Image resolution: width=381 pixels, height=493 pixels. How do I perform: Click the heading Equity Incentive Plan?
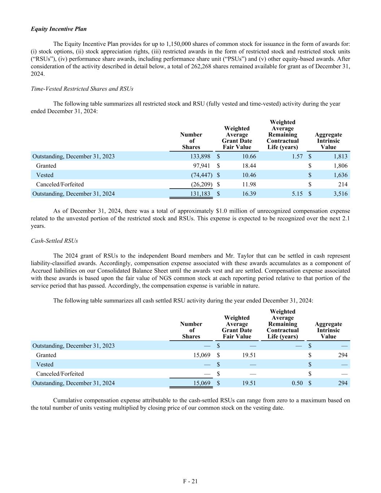59,29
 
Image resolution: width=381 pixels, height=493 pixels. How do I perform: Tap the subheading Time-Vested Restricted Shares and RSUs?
82,89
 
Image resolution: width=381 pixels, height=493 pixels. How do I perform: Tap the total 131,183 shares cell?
200,194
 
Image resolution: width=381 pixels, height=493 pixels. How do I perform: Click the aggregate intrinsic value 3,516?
340,194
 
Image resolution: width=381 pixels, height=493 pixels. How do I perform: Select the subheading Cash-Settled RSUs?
54,241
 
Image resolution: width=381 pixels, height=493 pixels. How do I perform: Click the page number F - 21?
190,481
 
